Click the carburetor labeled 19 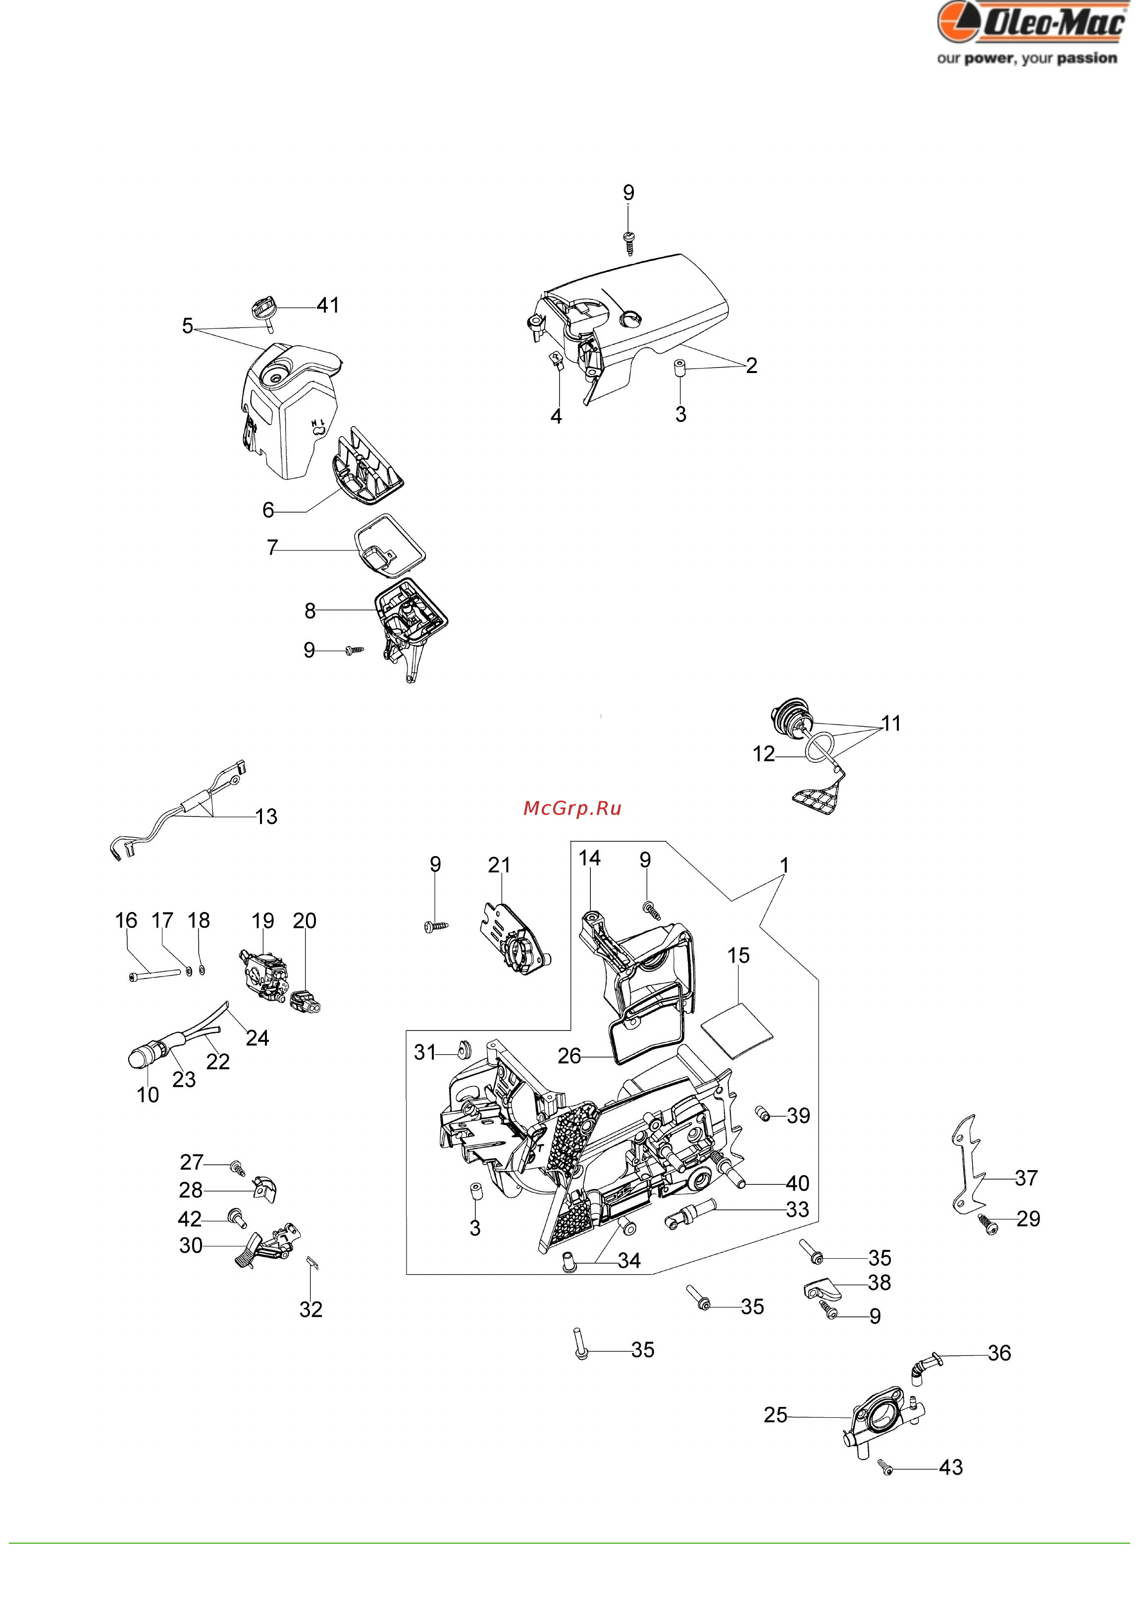tap(263, 974)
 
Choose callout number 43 tap(951, 1467)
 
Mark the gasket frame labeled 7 tap(390, 546)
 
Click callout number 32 tap(311, 1310)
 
